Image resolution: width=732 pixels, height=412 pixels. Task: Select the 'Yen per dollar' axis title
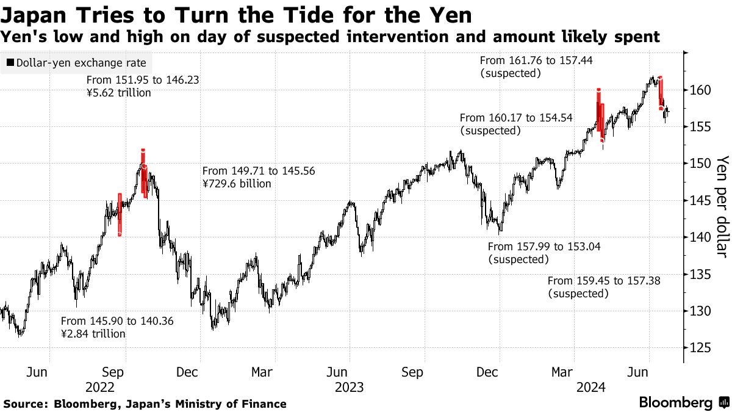(722, 206)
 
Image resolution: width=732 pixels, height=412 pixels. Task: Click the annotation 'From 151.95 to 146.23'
(143, 80)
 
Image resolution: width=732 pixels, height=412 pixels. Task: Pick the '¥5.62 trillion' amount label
(118, 93)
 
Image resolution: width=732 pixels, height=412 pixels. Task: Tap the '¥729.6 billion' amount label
(236, 184)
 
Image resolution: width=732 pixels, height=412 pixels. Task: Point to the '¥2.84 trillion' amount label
(93, 334)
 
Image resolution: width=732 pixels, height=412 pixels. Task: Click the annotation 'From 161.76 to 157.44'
(536, 60)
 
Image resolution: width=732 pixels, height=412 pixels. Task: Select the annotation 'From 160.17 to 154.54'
(516, 118)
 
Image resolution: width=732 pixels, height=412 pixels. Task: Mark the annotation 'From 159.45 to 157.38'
(605, 281)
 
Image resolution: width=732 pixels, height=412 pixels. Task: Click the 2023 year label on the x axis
(349, 387)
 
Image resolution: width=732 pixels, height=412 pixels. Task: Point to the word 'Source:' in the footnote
(27, 403)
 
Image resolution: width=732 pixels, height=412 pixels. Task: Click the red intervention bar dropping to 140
(120, 214)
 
